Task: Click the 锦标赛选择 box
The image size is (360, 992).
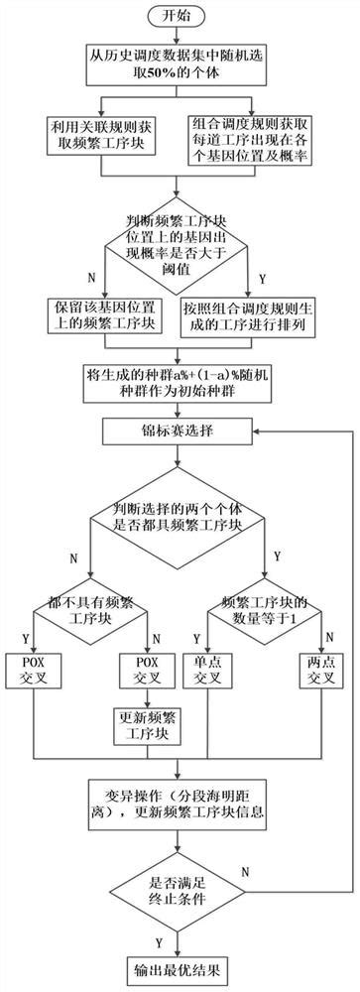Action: tap(179, 432)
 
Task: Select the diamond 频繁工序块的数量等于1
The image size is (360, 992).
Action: tap(265, 612)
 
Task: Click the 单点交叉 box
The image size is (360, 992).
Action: tap(231, 675)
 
